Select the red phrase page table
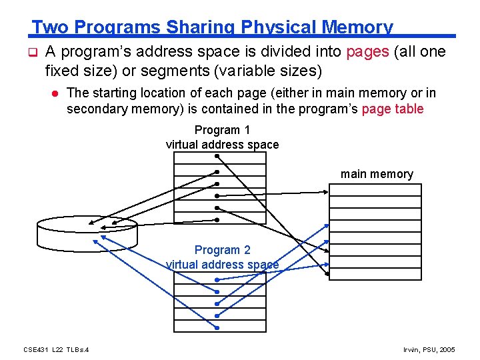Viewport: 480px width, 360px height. pyautogui.click(x=392, y=109)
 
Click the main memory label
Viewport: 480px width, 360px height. pyautogui.click(x=377, y=174)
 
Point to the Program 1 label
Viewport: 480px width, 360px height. pyautogui.click(x=222, y=130)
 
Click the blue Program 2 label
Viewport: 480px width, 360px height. pyautogui.click(x=222, y=250)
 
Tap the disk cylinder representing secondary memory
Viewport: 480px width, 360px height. pyautogui.click(x=86, y=231)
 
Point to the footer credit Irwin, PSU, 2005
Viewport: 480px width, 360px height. pyautogui.click(x=429, y=349)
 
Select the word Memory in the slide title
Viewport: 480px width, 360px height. pyautogui.click(x=357, y=27)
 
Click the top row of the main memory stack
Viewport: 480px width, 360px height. pyautogui.click(x=375, y=190)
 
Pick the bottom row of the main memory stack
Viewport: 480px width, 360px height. pyautogui.click(x=375, y=273)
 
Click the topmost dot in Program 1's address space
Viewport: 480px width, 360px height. pyautogui.click(x=217, y=157)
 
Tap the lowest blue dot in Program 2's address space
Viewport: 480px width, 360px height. pyautogui.click(x=217, y=327)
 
